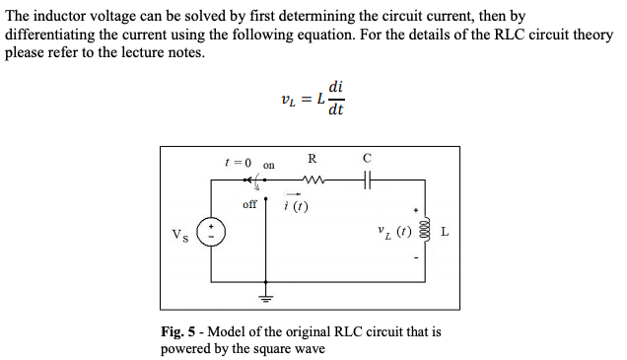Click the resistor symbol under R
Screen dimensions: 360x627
[313, 180]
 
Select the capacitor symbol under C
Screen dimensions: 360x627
[367, 180]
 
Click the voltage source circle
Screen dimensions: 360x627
[210, 234]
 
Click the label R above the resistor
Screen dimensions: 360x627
[313, 159]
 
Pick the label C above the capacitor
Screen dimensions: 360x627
[367, 158]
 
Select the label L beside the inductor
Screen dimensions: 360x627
[446, 234]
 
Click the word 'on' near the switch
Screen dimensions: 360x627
[269, 165]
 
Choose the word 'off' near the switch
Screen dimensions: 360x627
[249, 204]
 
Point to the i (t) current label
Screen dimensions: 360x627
[295, 206]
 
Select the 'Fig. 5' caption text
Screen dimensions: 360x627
[177, 331]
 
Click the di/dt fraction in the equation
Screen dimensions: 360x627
[336, 100]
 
